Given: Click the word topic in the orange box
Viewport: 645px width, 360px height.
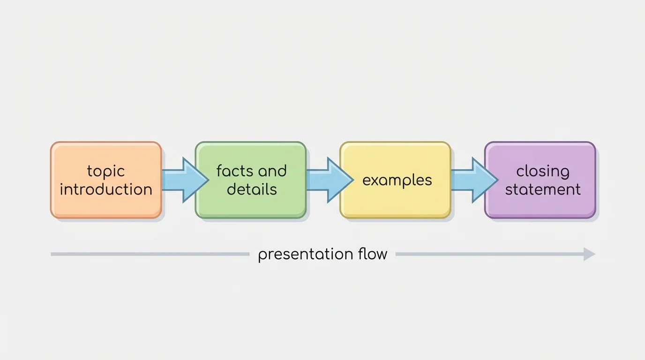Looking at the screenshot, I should [x=106, y=172].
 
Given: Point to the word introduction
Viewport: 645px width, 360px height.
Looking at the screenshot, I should [x=106, y=189].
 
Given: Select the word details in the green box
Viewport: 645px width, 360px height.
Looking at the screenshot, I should [x=252, y=189].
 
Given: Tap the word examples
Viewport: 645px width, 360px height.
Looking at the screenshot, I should [x=397, y=180].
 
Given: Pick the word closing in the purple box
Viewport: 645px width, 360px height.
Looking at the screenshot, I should [x=543, y=172].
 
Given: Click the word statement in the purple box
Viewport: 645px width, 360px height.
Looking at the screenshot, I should [x=543, y=189].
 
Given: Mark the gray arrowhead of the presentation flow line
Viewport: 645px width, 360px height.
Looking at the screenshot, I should [x=589, y=254].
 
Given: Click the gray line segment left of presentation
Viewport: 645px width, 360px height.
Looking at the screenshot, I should [x=150, y=254].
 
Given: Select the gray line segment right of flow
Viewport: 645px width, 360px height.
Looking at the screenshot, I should [x=487, y=254].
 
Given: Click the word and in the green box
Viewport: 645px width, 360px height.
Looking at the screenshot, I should [x=271, y=171].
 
